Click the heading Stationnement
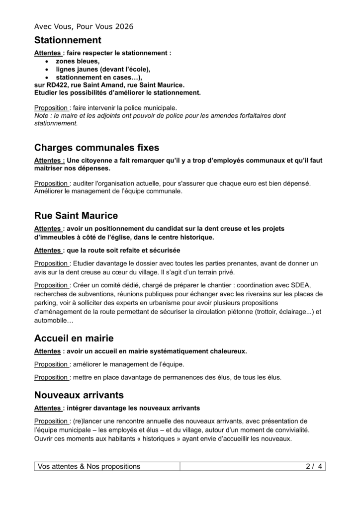pyautogui.click(x=68, y=40)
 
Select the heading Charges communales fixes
pyautogui.click(x=97, y=148)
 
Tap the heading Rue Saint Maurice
pyautogui.click(x=76, y=216)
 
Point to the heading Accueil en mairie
pyautogui.click(x=74, y=339)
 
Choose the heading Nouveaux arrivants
pyautogui.click(x=79, y=395)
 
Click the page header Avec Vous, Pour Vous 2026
pyautogui.click(x=84, y=26)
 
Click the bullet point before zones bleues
pyautogui.click(x=47, y=61)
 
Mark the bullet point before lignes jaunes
pyautogui.click(x=47, y=70)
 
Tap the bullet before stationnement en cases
pyautogui.click(x=47, y=78)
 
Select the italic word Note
pyautogui.click(x=42, y=116)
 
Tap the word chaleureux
pyautogui.click(x=228, y=351)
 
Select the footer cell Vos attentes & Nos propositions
pyautogui.click(x=90, y=466)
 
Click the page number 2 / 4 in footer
pyautogui.click(x=314, y=466)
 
